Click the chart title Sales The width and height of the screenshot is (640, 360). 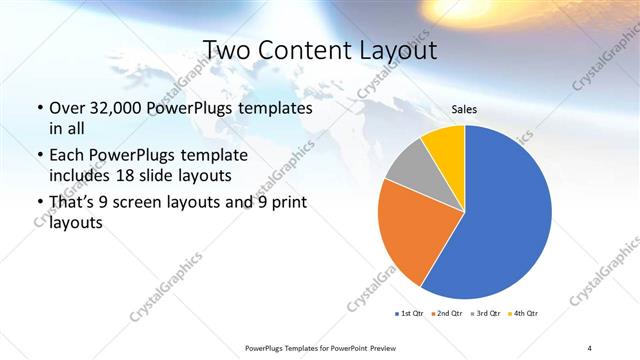coord(464,110)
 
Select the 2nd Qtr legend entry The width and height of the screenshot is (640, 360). coord(446,315)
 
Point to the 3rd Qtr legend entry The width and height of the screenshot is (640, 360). coord(486,315)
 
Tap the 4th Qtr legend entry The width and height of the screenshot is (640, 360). coord(524,315)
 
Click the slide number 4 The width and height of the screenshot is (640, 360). coord(589,347)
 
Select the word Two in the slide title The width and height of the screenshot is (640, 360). coord(227,50)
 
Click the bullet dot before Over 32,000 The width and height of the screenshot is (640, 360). coord(39,107)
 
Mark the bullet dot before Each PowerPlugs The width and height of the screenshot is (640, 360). coord(39,156)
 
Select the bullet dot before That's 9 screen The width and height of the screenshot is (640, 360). coord(39,204)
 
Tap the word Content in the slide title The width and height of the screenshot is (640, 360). coord(306,50)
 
